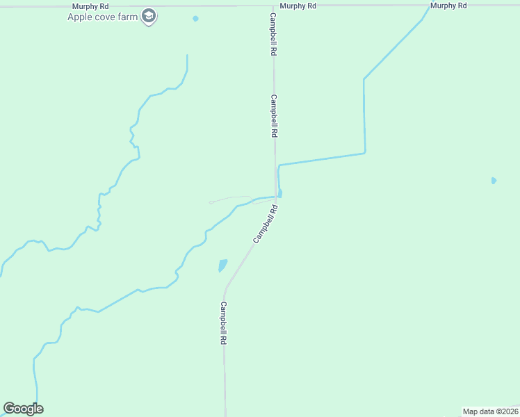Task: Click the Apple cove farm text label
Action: click(102, 17)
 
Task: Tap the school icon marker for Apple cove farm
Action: click(148, 15)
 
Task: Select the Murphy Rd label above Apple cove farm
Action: click(90, 6)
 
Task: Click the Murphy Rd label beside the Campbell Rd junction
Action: click(298, 6)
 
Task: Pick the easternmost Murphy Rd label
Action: click(448, 6)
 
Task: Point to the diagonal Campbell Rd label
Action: click(266, 224)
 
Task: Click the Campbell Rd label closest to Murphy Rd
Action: click(274, 34)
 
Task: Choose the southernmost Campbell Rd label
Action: click(224, 323)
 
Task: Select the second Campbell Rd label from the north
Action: click(275, 116)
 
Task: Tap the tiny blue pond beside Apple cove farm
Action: click(195, 18)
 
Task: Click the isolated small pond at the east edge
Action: click(494, 181)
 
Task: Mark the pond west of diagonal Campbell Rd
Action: click(222, 265)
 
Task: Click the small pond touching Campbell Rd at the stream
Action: click(279, 193)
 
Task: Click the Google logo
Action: click(23, 409)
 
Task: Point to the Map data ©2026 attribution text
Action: click(491, 411)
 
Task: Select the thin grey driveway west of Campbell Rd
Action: click(229, 199)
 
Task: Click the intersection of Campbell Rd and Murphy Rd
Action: click(273, 6)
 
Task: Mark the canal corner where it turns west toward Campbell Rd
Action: click(365, 152)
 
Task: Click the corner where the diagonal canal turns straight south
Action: click(364, 79)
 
